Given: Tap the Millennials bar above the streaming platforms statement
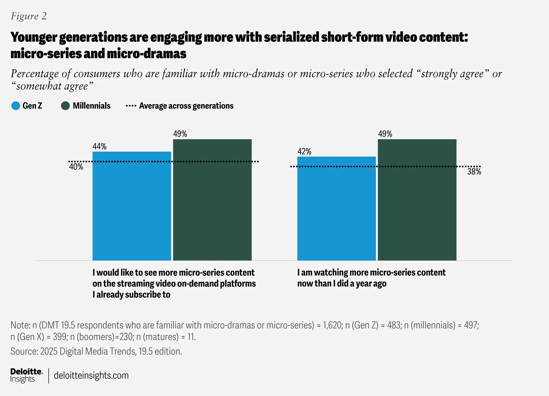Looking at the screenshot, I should [212, 199].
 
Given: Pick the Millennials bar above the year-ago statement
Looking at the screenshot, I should [417, 199].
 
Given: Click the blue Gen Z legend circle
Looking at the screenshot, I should [16, 106].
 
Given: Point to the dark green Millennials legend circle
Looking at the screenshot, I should [65, 106].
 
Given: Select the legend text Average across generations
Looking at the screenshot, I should [186, 106].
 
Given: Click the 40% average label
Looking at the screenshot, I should [76, 167].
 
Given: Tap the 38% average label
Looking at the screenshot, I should [474, 172].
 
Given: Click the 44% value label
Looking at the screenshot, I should [99, 147].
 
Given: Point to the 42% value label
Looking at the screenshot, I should [304, 152].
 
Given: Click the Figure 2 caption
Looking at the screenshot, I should [29, 16].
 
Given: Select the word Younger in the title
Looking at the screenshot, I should [34, 37].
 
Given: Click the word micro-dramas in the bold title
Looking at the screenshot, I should [146, 54].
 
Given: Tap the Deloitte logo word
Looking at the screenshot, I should [26, 372].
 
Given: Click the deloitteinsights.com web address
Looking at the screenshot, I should [91, 376].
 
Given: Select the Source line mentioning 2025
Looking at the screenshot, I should [96, 351].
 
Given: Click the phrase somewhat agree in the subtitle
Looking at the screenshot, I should [52, 86].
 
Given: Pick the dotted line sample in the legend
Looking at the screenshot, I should [131, 106].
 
